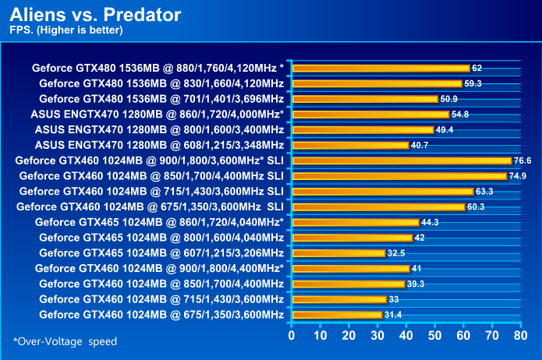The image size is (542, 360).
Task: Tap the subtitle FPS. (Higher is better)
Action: (66, 31)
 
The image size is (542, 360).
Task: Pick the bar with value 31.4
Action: (336, 315)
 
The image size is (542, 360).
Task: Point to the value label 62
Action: (477, 69)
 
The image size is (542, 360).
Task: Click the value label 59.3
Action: (473, 83)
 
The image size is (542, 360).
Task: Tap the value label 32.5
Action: (397, 253)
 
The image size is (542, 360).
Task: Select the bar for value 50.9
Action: (364, 99)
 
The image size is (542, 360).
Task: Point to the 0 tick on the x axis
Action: (292, 336)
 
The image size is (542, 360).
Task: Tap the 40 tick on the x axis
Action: (406, 336)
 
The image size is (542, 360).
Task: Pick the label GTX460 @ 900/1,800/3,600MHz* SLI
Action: (149, 161)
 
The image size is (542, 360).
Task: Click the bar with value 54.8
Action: (370, 115)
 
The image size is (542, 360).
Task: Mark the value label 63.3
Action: (485, 191)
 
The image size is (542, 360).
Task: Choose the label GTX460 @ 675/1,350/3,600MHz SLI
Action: (149, 206)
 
